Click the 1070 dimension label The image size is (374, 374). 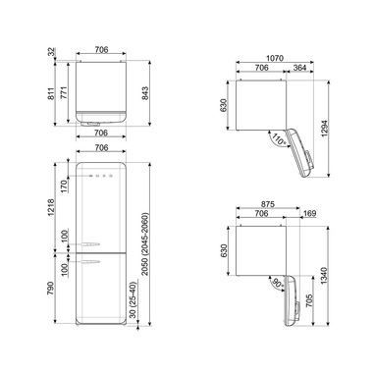274,58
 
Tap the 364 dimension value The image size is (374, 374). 299,68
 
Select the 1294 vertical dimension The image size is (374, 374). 324,128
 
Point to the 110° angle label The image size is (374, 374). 278,140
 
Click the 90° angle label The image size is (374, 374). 278,284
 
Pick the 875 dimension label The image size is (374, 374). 268,204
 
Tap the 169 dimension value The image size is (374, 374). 309,213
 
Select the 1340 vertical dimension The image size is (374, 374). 324,276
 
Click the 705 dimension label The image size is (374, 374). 310,300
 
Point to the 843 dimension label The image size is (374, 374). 145,93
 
